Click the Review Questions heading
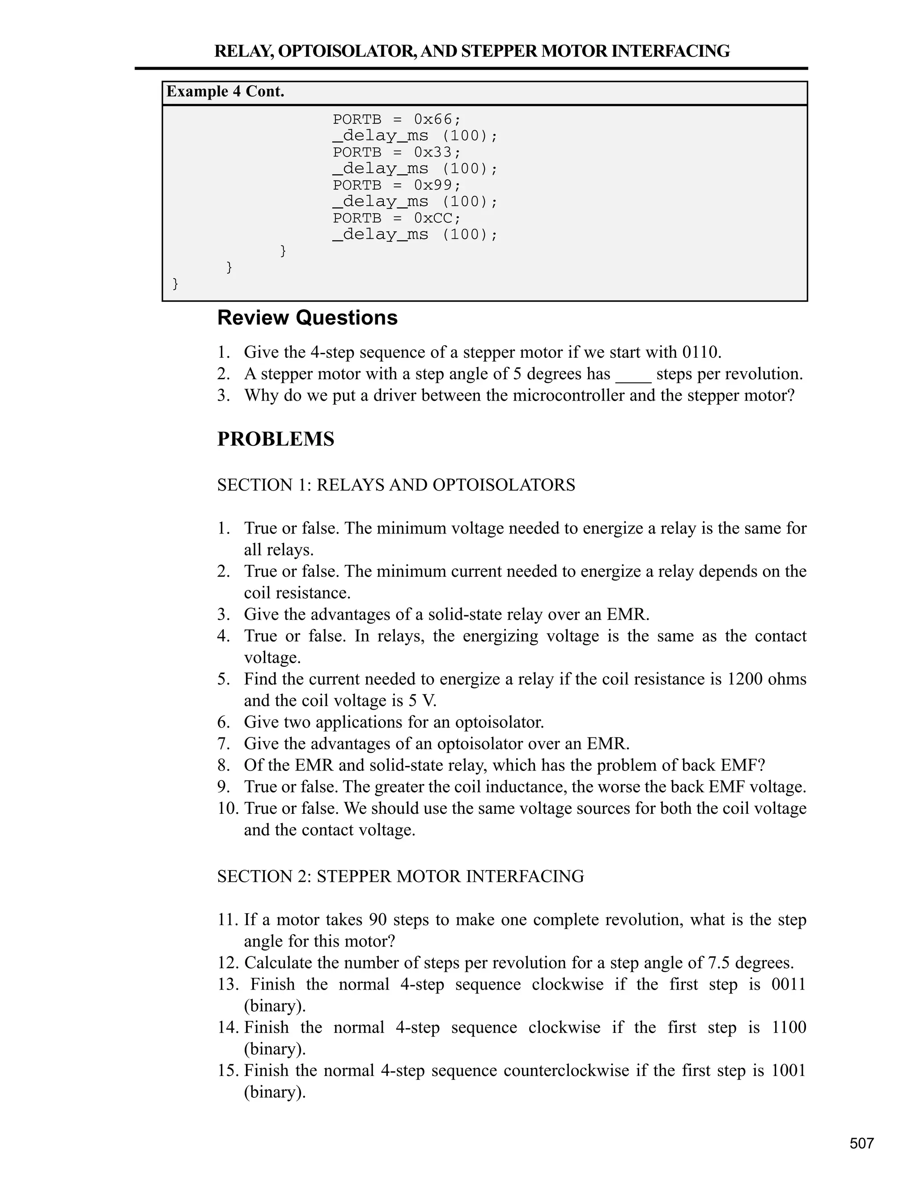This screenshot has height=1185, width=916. click(x=307, y=318)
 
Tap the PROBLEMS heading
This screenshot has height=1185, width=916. click(x=276, y=439)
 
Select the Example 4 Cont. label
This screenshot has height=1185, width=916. click(x=225, y=92)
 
